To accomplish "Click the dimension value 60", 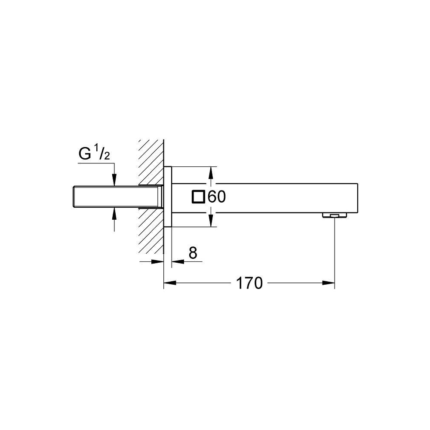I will pyautogui.click(x=216, y=197).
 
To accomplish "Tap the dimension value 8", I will pyautogui.click(x=193, y=253).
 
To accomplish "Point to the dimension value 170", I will pyautogui.click(x=249, y=283).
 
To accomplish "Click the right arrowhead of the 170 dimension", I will pyautogui.click(x=329, y=283).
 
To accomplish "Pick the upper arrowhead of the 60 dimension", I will pyautogui.click(x=210, y=172).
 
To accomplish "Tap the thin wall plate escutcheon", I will pyautogui.click(x=168, y=197).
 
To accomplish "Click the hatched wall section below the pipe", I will pyautogui.click(x=150, y=232).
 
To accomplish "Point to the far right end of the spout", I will pyautogui.click(x=357, y=197).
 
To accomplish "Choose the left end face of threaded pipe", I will pyautogui.click(x=74, y=197).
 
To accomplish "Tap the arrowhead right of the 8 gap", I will pyautogui.click(x=177, y=261).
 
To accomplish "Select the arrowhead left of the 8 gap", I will pyautogui.click(x=159, y=261).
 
